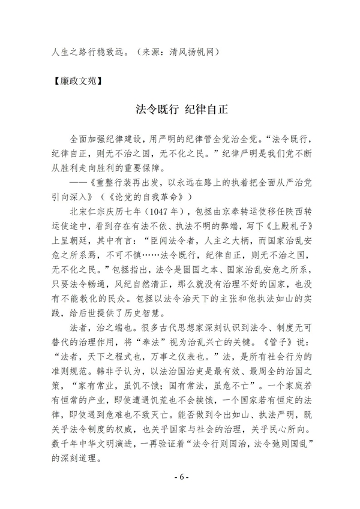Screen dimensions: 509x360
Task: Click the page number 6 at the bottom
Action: [180, 478]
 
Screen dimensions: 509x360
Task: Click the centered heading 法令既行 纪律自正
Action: [180, 111]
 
